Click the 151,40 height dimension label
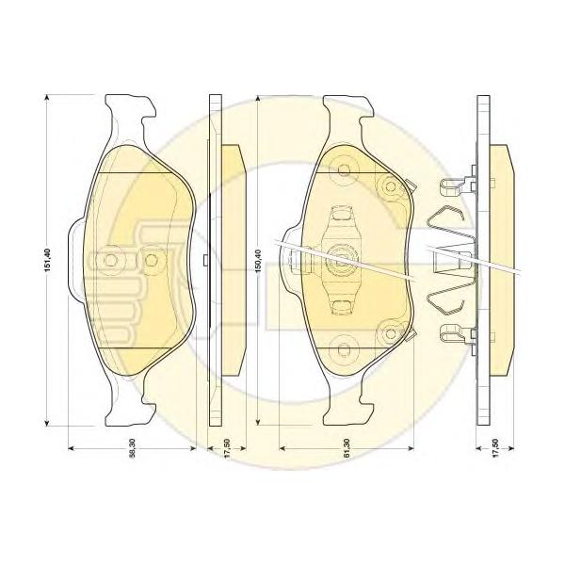pyautogui.click(x=49, y=260)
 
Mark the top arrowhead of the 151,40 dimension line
pyautogui.click(x=46, y=98)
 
